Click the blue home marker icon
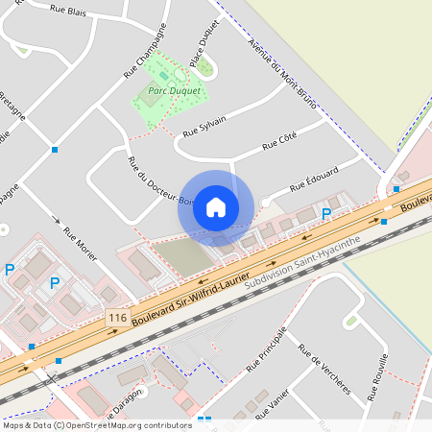[x=216, y=207]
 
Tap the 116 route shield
[x=117, y=317]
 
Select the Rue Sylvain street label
[x=204, y=126]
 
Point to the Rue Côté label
[x=279, y=145]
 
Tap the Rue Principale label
[x=266, y=349]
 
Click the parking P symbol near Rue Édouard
[x=325, y=213]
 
